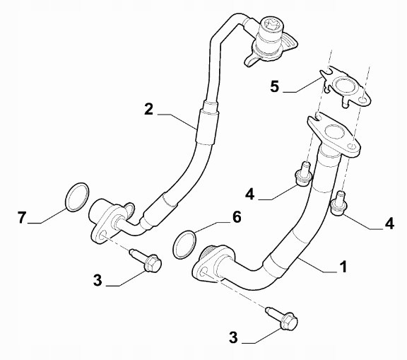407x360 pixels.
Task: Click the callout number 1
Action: coord(343,267)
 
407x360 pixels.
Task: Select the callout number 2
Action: coord(148,109)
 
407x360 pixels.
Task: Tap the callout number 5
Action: coord(275,86)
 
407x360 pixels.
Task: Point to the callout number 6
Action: coord(237,217)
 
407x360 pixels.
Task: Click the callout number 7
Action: coord(22,217)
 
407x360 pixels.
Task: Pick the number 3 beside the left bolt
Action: coord(98,281)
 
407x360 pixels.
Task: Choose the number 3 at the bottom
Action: coord(233,338)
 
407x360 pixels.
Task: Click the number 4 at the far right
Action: coord(389,223)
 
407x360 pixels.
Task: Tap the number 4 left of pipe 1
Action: coord(249,194)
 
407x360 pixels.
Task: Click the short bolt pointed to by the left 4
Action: coord(304,174)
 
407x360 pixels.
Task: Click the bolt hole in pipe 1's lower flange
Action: coord(203,272)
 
